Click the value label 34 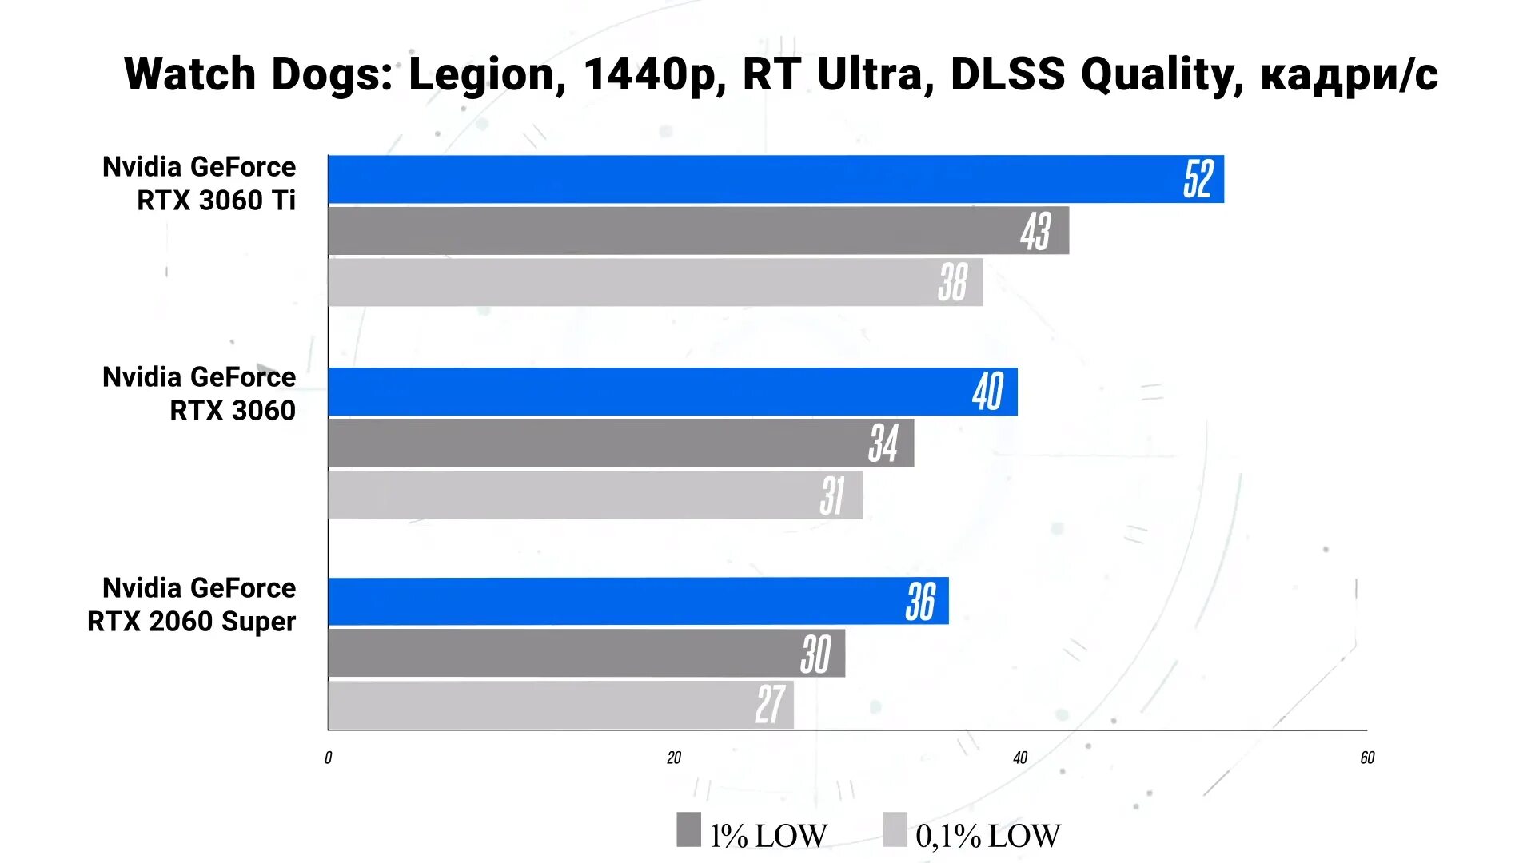coord(883,443)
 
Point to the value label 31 coord(832,495)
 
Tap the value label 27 coord(769,705)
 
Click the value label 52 coord(1198,179)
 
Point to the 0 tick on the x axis coord(328,758)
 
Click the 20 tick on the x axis coord(674,758)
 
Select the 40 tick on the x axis coord(1020,758)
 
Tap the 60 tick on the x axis coord(1367,758)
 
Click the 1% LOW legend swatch coord(688,829)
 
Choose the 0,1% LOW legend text coord(988,836)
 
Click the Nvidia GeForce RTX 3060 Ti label coord(200,184)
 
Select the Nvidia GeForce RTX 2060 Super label coord(192,605)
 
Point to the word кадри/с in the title coord(1350,74)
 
